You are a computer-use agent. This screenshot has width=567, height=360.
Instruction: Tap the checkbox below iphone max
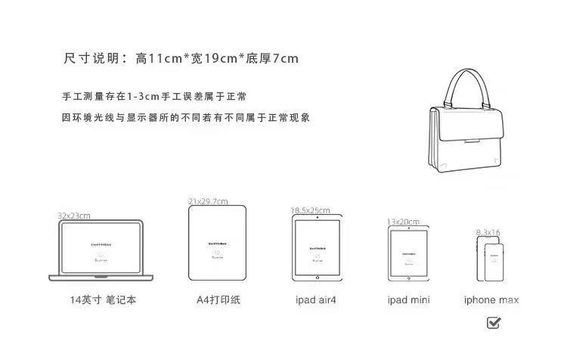(x=494, y=323)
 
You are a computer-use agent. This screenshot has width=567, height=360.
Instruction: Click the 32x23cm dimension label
(x=73, y=215)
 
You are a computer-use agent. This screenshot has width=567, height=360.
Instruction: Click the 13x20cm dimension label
(x=403, y=222)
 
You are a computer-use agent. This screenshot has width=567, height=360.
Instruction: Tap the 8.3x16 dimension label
(x=488, y=232)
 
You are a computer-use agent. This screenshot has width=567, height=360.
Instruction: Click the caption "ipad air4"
(x=316, y=300)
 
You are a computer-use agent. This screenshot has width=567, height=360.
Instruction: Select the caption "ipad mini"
(x=408, y=300)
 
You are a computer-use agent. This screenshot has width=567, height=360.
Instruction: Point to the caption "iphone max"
(x=491, y=300)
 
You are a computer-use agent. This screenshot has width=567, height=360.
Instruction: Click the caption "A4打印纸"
(x=218, y=300)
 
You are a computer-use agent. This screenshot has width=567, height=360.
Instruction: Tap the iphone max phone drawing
(x=491, y=260)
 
